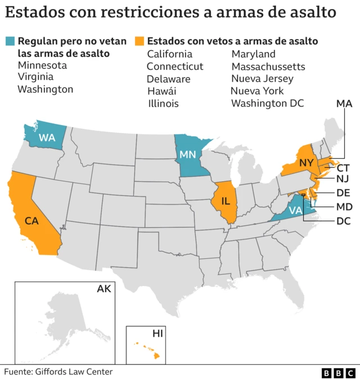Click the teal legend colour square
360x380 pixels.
[10, 41]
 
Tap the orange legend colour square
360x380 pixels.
[139, 41]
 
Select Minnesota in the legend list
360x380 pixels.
[42, 65]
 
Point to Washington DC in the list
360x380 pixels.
[267, 104]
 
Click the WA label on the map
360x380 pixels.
[46, 137]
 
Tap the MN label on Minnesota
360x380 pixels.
[188, 154]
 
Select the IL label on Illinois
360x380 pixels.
[226, 200]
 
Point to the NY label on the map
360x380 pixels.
[306, 163]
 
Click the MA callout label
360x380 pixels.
[344, 104]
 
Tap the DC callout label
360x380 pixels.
[343, 221]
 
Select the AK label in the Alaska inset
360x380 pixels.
[104, 289]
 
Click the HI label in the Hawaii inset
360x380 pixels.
[157, 334]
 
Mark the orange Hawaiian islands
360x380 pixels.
[147, 350]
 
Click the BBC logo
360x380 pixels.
[338, 373]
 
